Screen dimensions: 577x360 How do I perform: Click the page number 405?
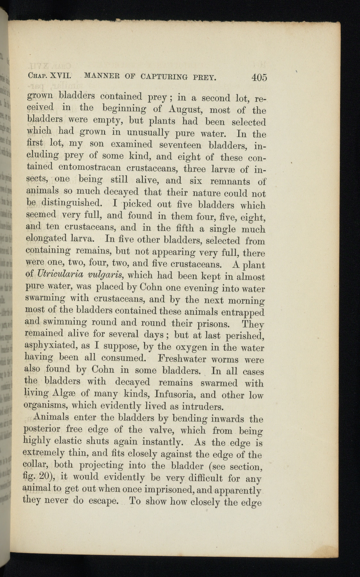click(259, 78)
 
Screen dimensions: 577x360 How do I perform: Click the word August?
click(185, 109)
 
